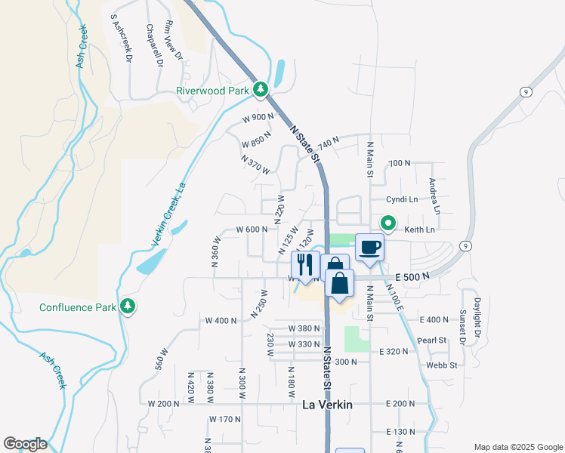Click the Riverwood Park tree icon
[x=261, y=91]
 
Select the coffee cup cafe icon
[x=369, y=248]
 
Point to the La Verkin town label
[x=327, y=405]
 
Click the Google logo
[x=25, y=444]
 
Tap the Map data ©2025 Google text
[x=517, y=447]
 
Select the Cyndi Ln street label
[x=402, y=199]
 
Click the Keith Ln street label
[x=420, y=230]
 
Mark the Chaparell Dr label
[x=156, y=45]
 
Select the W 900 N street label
[x=258, y=118]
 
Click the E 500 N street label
[x=411, y=276]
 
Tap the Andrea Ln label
[x=434, y=196]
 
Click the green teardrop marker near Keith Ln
[x=388, y=223]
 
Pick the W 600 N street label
[x=252, y=230]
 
